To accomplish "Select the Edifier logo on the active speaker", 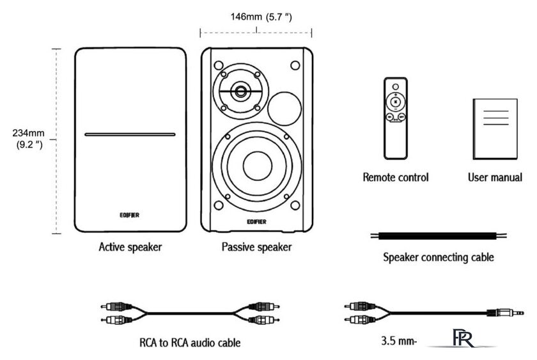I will [130, 215].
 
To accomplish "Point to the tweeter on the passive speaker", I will [241, 91].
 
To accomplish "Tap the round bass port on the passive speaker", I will [284, 107].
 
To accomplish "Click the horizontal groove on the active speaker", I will [130, 135].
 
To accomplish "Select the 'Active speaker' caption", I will [130, 246].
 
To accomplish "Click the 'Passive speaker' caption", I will [256, 246].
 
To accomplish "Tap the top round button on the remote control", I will [395, 86].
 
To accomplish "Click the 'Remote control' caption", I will [396, 176].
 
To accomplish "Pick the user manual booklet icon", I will [494, 129].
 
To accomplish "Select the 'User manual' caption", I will [494, 176].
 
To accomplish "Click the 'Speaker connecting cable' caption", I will [438, 258].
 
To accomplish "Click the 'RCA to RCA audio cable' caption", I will [190, 343].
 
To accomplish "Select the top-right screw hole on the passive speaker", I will [295, 65].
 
